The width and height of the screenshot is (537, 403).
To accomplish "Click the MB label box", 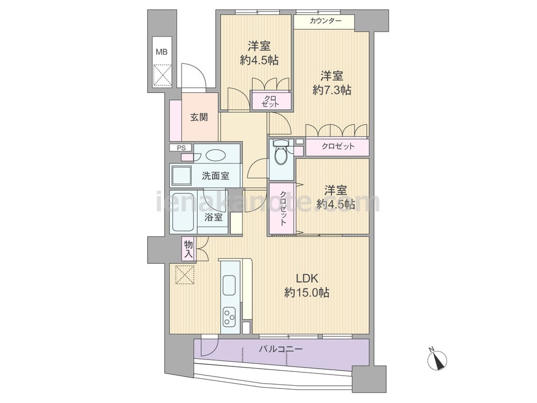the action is pyautogui.click(x=162, y=52).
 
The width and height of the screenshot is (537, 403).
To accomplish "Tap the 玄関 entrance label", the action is pyautogui.click(x=199, y=117).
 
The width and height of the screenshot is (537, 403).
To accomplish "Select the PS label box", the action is pyautogui.click(x=181, y=148).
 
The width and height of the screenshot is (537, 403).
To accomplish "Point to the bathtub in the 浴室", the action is pyautogui.click(x=184, y=212).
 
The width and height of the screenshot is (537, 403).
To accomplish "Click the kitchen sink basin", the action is pyautogui.click(x=229, y=285).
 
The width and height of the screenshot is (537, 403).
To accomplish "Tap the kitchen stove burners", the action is pyautogui.click(x=229, y=317).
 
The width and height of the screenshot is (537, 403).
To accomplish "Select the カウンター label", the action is pyautogui.click(x=325, y=21).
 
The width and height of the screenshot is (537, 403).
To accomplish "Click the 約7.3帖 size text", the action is pyautogui.click(x=331, y=90).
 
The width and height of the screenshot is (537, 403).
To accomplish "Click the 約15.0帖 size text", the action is pyautogui.click(x=307, y=293).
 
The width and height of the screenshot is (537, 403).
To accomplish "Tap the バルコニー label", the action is pyautogui.click(x=281, y=349).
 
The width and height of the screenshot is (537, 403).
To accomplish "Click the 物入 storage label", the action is pyautogui.click(x=188, y=249).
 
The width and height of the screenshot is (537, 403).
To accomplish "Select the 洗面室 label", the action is pyautogui.click(x=215, y=176).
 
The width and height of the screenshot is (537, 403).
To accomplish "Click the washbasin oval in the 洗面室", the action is pyautogui.click(x=215, y=155).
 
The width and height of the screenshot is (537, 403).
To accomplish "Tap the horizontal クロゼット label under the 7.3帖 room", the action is pyautogui.click(x=338, y=147).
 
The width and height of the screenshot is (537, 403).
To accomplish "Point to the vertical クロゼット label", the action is pyautogui.click(x=283, y=208).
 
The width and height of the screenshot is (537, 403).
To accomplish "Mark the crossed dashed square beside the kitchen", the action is pyautogui.click(x=185, y=274).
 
